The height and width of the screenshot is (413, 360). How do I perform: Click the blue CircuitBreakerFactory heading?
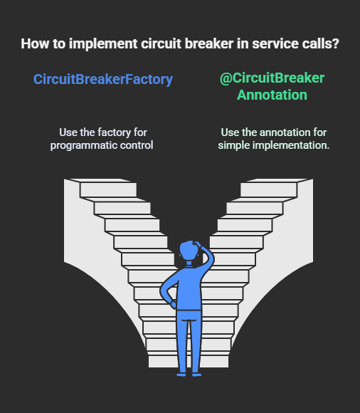(x=103, y=80)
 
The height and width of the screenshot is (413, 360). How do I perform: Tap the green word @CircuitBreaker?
(x=272, y=78)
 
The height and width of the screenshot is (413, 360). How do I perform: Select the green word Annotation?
(x=272, y=95)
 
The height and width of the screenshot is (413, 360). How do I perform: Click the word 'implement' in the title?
(x=103, y=44)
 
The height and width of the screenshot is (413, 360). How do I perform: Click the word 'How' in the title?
(x=35, y=43)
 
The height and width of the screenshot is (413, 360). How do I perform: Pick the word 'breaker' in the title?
(x=209, y=43)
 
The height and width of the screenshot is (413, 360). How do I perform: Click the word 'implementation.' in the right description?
(x=291, y=146)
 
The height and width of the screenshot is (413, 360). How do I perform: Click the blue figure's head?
(x=189, y=250)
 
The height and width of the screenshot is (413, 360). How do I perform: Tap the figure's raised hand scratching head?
(x=197, y=244)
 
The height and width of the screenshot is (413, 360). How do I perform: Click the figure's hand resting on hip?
(x=173, y=304)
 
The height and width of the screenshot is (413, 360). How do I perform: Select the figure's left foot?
(x=181, y=375)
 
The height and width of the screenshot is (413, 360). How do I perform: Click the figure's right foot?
(x=196, y=375)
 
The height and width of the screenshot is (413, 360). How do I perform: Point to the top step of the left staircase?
(x=108, y=189)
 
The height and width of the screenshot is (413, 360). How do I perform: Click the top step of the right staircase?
(x=269, y=189)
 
